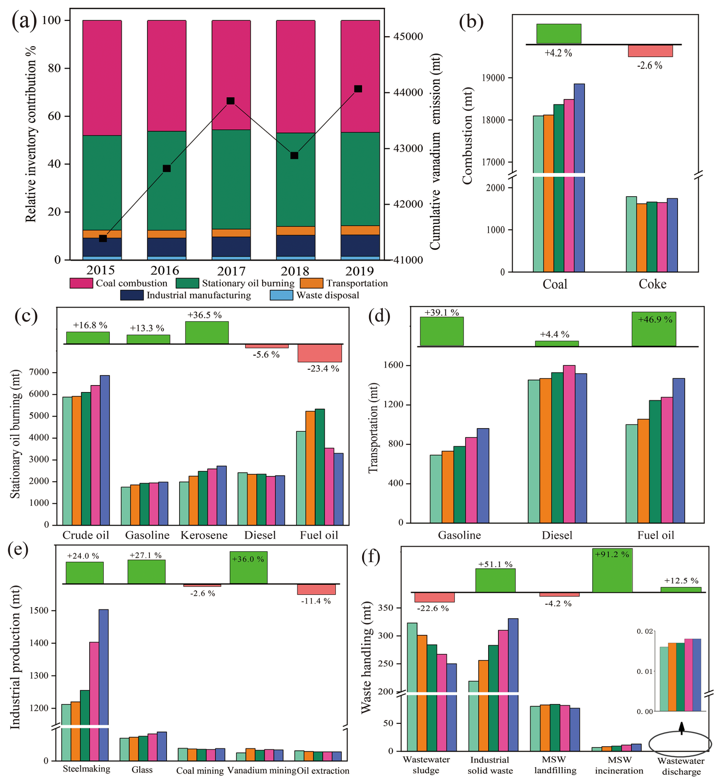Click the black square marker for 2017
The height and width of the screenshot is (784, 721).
[x=231, y=101]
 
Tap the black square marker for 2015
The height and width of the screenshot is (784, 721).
[x=103, y=238]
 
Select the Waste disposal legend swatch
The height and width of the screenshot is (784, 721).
[x=281, y=295]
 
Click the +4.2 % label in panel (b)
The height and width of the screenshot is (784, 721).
[x=558, y=53]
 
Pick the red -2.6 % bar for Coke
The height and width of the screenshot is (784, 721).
[x=651, y=51]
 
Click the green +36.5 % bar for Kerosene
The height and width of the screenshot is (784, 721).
[x=207, y=333]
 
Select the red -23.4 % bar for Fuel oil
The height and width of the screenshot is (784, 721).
[x=319, y=353]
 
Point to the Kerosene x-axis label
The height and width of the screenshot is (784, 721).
[x=204, y=535]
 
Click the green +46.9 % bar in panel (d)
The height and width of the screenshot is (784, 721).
[x=654, y=329]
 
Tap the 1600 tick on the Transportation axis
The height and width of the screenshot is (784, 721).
[x=395, y=365]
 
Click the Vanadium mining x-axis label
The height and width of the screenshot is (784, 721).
[x=262, y=771]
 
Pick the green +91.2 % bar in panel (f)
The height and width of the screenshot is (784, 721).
[x=612, y=570]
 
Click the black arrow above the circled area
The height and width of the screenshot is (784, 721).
[x=682, y=728]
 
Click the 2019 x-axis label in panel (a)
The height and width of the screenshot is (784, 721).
[x=360, y=271]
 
